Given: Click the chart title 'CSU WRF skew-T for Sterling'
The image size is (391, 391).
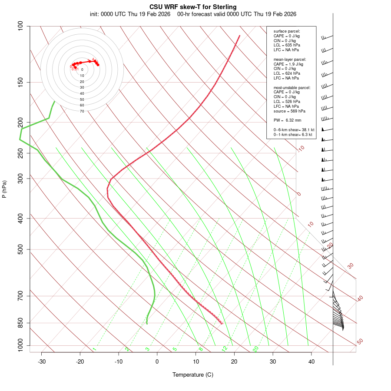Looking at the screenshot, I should pos(193,7).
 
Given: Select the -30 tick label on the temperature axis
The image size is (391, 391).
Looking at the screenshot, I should pos(42,361).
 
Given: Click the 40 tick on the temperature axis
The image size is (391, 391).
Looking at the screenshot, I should pos(311,361).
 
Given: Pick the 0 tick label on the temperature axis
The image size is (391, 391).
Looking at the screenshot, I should pos(157,361).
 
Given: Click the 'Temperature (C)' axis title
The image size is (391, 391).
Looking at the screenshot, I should pos(193,374).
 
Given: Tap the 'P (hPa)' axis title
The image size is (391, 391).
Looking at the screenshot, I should pos(4,189).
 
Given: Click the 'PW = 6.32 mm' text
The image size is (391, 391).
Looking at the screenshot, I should pos(287,120).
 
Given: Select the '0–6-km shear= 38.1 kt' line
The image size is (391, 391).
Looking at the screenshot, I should pos(294,130).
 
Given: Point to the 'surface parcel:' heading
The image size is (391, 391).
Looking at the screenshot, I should pos(287,31).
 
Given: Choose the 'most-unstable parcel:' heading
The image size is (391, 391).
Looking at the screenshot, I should pos(292,87).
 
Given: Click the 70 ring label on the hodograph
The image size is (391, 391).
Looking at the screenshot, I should pos(82,111).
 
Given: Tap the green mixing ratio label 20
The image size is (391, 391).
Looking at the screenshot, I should pos(255,349).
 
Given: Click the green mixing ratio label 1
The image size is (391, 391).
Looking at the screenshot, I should pos(94,349).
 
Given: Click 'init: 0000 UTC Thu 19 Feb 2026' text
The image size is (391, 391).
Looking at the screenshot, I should pos(130,14).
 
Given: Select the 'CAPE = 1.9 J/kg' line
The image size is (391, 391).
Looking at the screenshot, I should pos(288,64).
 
